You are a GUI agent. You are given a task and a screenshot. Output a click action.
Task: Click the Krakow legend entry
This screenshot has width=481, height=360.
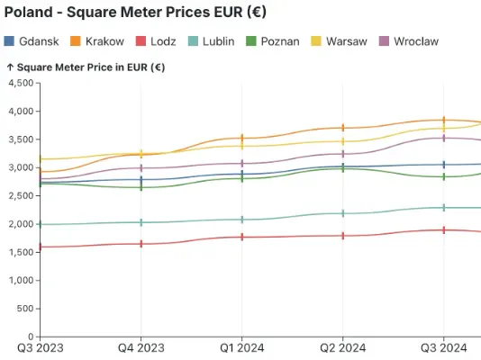click(97, 41)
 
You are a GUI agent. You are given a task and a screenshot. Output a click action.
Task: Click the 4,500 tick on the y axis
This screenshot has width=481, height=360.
click(20, 83)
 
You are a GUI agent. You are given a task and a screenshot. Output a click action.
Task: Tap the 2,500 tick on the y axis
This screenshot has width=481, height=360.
click(20, 195)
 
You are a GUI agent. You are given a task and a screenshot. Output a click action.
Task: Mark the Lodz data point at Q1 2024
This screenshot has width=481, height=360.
click(241, 237)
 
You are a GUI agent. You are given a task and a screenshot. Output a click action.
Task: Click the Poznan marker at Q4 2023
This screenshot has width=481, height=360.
click(141, 187)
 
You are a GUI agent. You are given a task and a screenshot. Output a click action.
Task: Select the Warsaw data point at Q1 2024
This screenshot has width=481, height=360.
click(241, 145)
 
